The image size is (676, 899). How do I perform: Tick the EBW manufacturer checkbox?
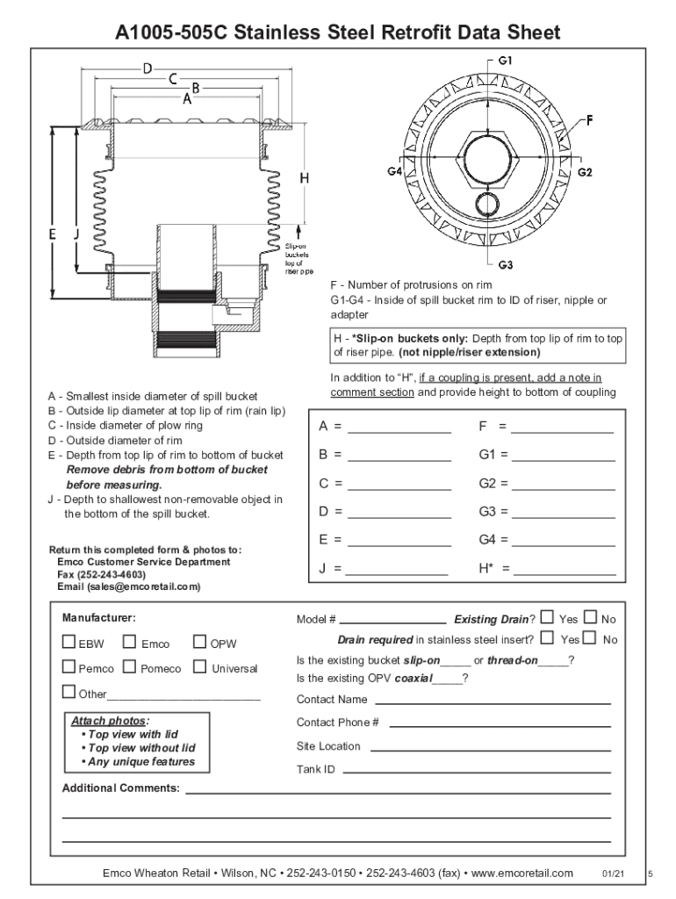(x=68, y=642)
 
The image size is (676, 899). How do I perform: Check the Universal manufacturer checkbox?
(x=199, y=667)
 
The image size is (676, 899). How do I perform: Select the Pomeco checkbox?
(x=130, y=667)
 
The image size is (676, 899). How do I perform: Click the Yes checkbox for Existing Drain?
(x=548, y=617)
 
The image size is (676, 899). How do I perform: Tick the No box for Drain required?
(x=589, y=637)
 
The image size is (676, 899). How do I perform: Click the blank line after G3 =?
(x=563, y=518)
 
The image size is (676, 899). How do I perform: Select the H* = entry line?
(x=565, y=574)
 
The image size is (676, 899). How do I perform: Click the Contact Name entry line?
(x=493, y=704)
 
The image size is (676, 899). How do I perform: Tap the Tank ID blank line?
(x=477, y=773)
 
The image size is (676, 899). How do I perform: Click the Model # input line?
(x=392, y=623)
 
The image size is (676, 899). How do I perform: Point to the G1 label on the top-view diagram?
(x=505, y=61)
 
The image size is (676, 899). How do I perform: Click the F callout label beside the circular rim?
(x=590, y=120)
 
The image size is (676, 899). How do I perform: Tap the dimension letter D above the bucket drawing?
(x=147, y=68)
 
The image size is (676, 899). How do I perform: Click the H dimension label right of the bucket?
(x=305, y=178)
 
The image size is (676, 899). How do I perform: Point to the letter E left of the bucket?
(x=52, y=234)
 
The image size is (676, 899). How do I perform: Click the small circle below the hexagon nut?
(x=487, y=203)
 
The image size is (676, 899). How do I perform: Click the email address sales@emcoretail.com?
(x=143, y=586)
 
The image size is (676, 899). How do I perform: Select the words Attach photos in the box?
(x=108, y=721)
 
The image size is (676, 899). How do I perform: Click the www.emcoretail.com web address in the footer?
(x=521, y=874)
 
